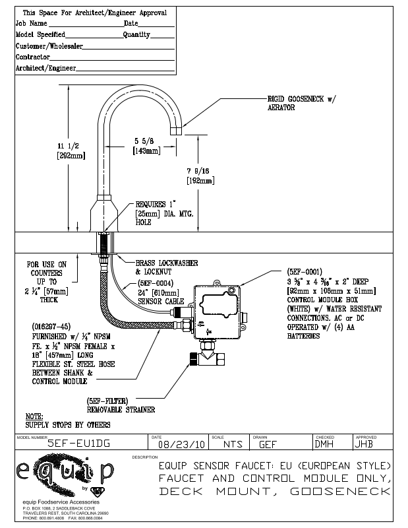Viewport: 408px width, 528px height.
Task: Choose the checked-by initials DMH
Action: (324, 444)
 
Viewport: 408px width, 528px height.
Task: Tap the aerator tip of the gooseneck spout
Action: (176, 131)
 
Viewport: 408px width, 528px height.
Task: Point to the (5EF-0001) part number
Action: (305, 271)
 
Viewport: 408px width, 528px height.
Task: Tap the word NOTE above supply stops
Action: (34, 416)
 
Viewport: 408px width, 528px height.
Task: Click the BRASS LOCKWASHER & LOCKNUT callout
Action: (166, 267)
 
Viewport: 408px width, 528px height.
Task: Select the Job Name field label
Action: (30, 23)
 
